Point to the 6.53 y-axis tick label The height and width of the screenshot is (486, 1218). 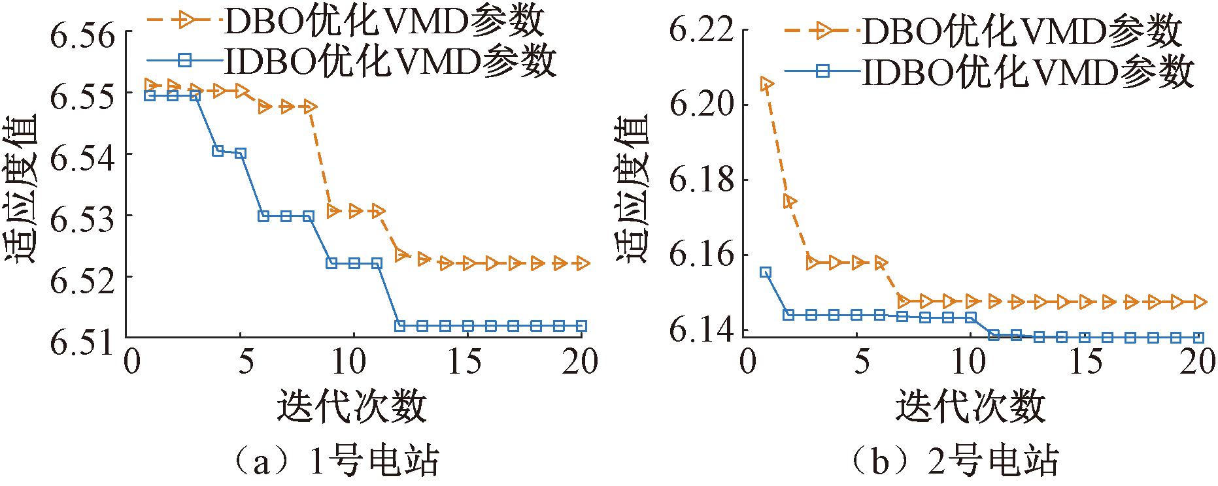tap(81, 216)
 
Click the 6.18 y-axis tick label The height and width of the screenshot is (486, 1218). tap(700, 180)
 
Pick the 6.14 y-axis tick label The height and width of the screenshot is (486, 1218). tap(700, 331)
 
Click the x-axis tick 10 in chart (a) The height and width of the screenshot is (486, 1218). tap(354, 363)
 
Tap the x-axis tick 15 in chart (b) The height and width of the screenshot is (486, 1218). tap(1086, 363)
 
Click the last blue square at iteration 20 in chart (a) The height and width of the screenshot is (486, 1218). tap(581, 325)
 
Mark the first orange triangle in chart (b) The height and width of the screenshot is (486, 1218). tap(767, 84)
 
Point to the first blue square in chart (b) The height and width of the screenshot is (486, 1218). tap(766, 272)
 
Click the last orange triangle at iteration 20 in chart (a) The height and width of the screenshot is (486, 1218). tap(581, 263)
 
